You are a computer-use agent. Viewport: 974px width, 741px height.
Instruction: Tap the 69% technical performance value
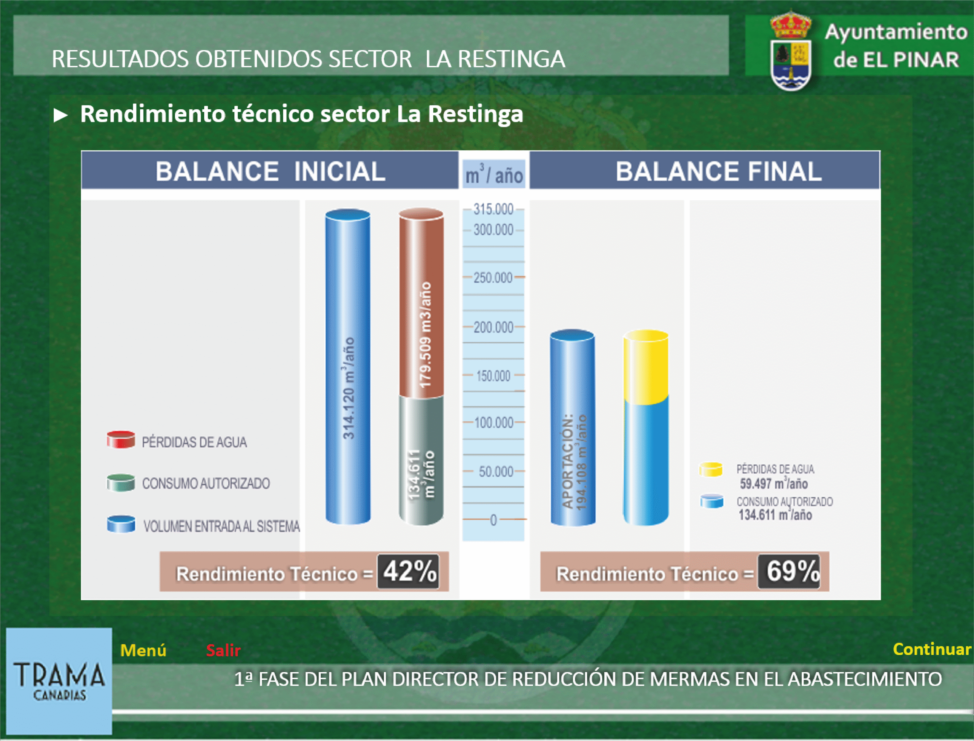[x=789, y=572]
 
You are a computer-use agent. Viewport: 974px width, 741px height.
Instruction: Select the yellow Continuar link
[x=932, y=649]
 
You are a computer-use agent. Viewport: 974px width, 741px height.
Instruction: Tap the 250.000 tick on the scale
[x=493, y=278]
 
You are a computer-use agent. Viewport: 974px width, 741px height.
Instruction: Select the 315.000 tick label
[x=493, y=209]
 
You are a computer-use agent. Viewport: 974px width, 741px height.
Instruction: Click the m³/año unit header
[x=494, y=174]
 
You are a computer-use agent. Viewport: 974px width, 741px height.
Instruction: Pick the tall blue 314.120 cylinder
[x=348, y=367]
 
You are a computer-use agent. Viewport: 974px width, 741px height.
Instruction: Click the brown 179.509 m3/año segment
[x=421, y=303]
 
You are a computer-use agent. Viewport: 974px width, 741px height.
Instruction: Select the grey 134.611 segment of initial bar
[x=421, y=461]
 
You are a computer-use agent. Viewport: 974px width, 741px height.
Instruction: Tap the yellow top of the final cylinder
[x=646, y=367]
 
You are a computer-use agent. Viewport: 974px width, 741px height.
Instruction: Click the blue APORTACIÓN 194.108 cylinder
[x=573, y=428]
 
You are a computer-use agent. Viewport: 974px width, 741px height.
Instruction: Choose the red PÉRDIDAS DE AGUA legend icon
[x=121, y=440]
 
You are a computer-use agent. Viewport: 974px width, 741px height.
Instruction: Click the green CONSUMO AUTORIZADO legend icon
[x=121, y=482]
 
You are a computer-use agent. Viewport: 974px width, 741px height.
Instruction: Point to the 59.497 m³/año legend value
[x=774, y=484]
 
